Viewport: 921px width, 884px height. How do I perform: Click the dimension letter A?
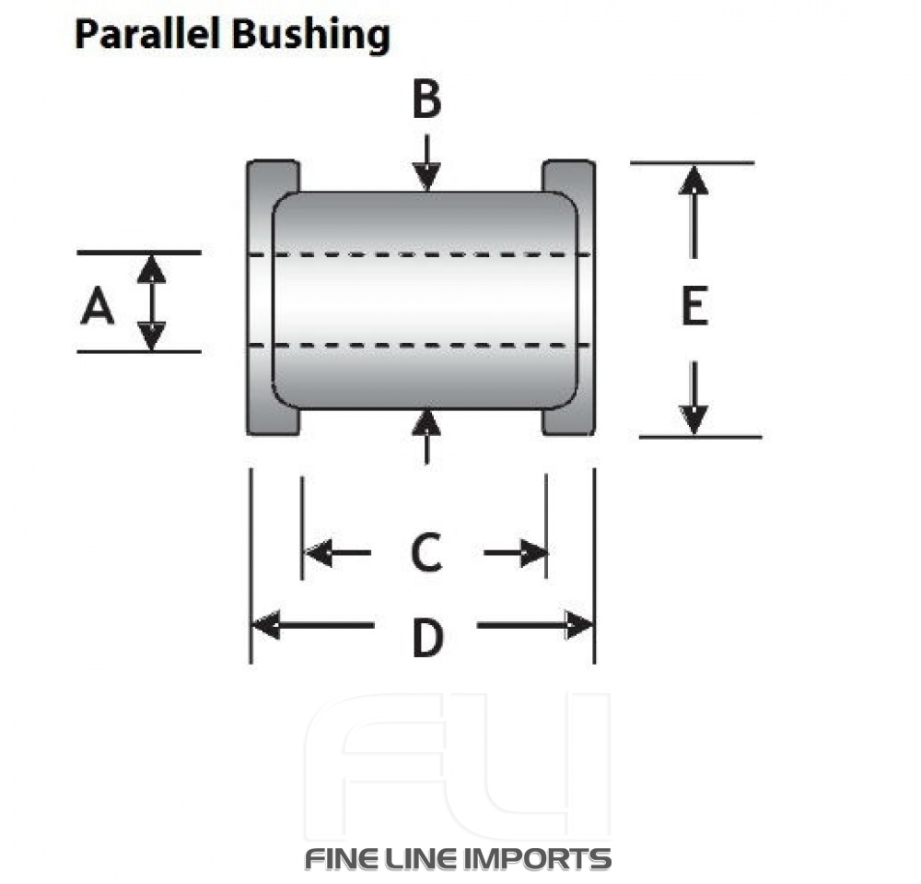[x=98, y=306]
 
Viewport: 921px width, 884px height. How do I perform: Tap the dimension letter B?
[x=426, y=100]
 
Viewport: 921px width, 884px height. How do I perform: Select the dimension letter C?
[x=426, y=553]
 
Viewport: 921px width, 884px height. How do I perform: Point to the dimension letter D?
[x=426, y=638]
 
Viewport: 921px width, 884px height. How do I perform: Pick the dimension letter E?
[x=694, y=307]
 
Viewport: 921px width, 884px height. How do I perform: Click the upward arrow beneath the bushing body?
[x=426, y=435]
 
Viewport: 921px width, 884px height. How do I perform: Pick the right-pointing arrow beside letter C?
[x=516, y=553]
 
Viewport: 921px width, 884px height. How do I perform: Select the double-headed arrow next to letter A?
[x=152, y=301]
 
